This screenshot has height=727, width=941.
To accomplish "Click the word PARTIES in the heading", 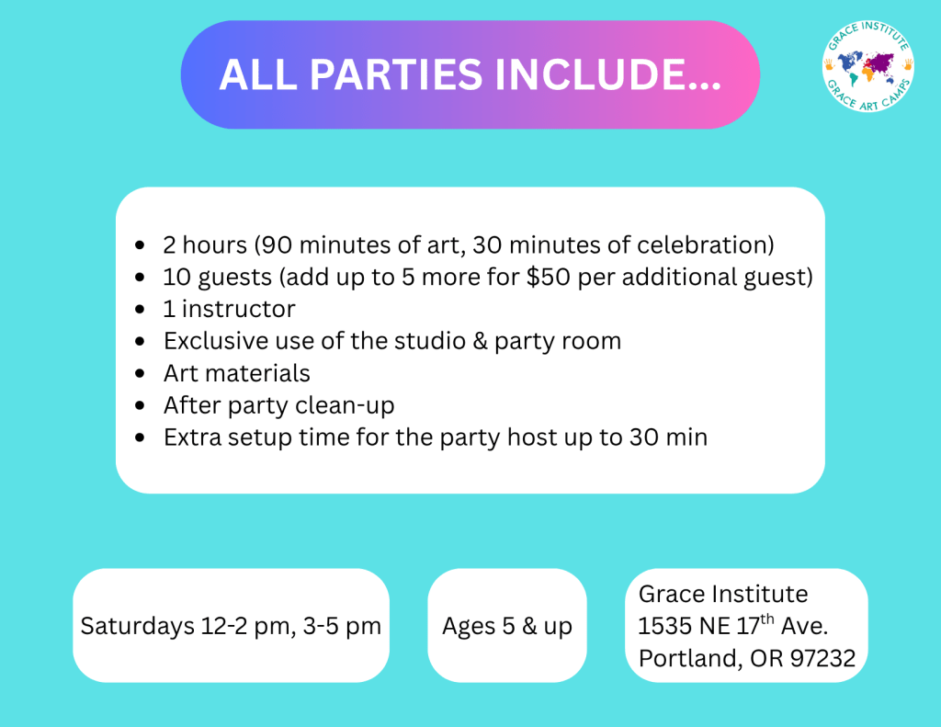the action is (396, 75).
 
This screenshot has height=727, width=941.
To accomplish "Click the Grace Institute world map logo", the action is (867, 66).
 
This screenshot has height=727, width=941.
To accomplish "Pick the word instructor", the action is (238, 309).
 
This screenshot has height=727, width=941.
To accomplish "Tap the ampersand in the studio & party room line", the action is (480, 341).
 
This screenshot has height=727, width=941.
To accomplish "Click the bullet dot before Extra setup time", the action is (140, 437).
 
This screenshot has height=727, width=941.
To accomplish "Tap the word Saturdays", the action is (138, 626).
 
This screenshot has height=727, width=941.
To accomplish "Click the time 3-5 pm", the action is (342, 626).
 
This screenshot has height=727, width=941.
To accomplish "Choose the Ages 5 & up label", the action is (507, 626).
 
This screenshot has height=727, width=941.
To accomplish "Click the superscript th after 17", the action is (767, 619).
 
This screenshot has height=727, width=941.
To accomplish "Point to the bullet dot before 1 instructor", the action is (140, 309).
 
